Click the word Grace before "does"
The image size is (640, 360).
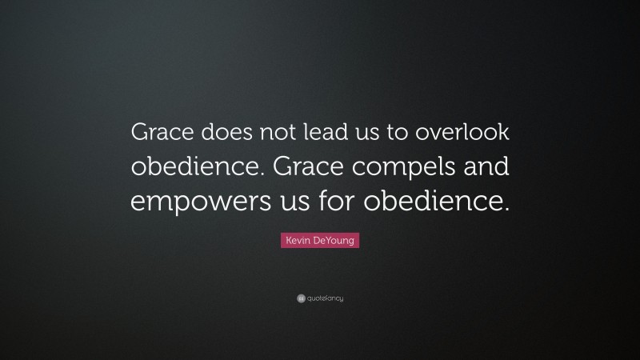pos(158,135)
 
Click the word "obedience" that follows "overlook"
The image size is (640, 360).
pos(189,169)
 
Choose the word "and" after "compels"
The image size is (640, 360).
pos(484,169)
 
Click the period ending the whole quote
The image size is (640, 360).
pos(506,210)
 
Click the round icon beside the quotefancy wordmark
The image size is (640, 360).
pos(301,298)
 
